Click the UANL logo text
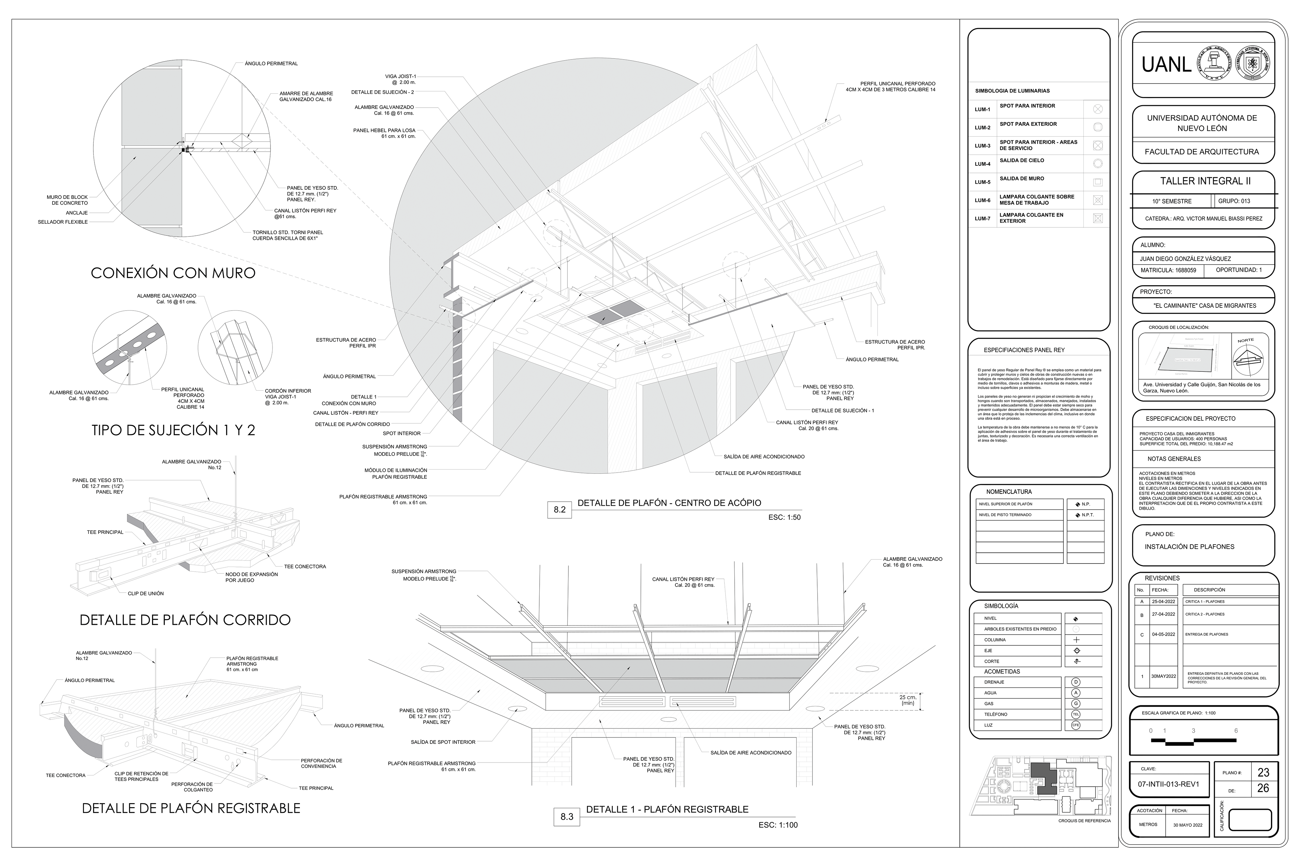pyautogui.click(x=1166, y=65)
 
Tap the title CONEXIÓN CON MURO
pyautogui.click(x=173, y=273)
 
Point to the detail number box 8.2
pyautogui.click(x=559, y=509)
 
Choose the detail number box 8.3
pyautogui.click(x=566, y=816)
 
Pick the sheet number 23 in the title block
pyautogui.click(x=1263, y=772)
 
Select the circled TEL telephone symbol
pyautogui.click(x=1076, y=714)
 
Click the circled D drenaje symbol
pyautogui.click(x=1076, y=682)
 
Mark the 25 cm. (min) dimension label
pyautogui.click(x=908, y=700)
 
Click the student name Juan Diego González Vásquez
pyautogui.click(x=1185, y=258)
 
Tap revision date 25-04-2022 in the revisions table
pyautogui.click(x=1164, y=601)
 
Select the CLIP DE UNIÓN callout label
pyautogui.click(x=145, y=594)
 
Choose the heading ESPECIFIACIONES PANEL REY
pyautogui.click(x=1024, y=350)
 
